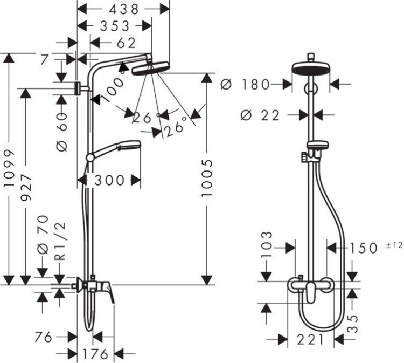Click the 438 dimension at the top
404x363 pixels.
(123, 8)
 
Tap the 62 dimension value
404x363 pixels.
(126, 43)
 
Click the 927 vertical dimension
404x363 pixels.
(26, 187)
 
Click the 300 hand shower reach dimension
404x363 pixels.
(110, 180)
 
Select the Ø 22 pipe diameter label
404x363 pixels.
(260, 115)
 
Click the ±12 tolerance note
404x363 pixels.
(394, 245)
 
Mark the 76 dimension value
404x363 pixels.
(43, 337)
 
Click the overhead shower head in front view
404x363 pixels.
(310, 69)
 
